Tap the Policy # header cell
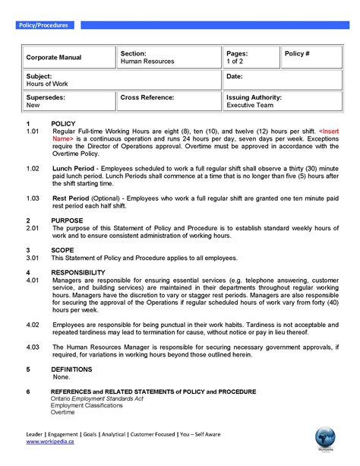tap(297, 54)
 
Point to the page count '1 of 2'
tap(235, 62)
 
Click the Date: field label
tap(235, 77)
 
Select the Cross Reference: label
tap(147, 98)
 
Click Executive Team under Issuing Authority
tap(248, 106)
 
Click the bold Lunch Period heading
tap(74, 167)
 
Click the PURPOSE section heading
tap(67, 220)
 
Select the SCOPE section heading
tap(62, 249)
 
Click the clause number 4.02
tap(33, 324)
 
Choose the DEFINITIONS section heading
tap(71, 369)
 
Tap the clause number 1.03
tap(33, 198)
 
